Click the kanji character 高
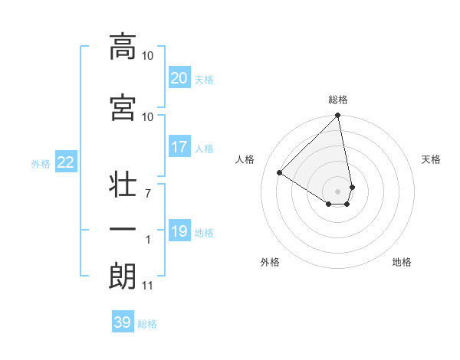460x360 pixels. tap(123, 47)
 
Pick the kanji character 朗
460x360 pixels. tap(123, 277)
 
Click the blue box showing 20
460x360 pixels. tap(179, 78)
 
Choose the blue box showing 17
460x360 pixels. tap(179, 147)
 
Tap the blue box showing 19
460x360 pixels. tap(179, 231)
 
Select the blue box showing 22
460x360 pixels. tap(66, 162)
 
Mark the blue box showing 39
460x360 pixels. tap(122, 322)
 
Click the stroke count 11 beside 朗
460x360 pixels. tap(147, 286)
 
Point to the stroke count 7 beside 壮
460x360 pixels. tap(147, 193)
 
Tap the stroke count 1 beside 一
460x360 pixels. tap(148, 240)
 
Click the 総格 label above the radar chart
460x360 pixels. tap(338, 100)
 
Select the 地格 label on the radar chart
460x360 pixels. tap(402, 263)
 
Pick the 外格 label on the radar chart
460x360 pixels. tap(270, 263)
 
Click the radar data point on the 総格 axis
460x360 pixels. tap(338, 116)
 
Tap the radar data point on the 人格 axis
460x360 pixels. tap(280, 173)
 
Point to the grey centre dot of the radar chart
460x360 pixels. tap(338, 191)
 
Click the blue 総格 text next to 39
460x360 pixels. tap(147, 324)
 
